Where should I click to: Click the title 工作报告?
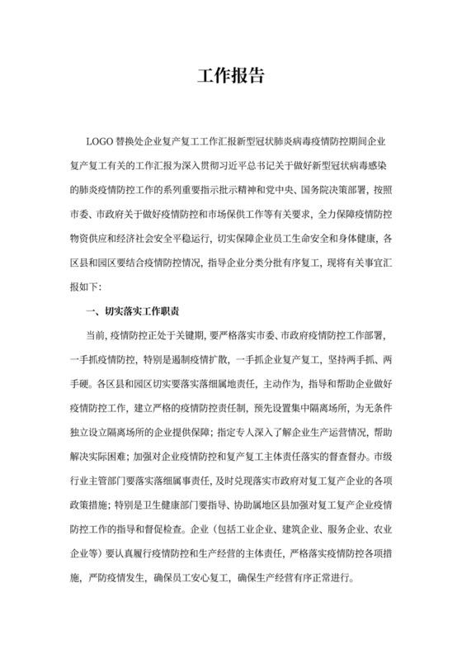[x=231, y=76]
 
